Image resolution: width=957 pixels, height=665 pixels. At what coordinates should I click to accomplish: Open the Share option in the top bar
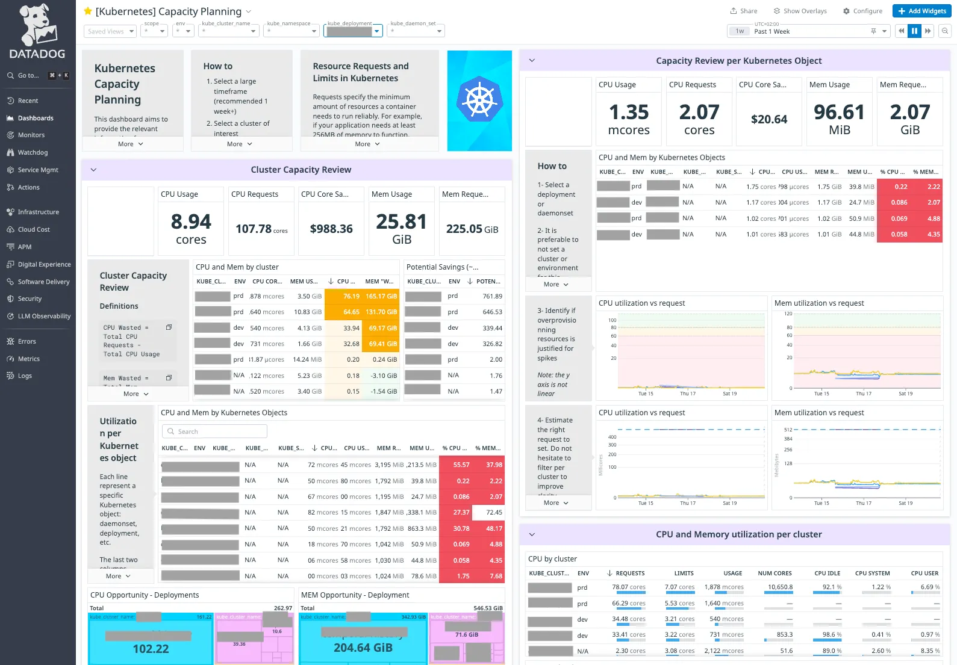744,11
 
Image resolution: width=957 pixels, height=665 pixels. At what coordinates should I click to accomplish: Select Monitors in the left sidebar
31,135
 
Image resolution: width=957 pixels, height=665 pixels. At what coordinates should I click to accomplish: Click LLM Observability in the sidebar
44,317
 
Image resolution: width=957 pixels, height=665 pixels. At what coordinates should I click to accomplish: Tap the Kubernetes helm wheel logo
479,101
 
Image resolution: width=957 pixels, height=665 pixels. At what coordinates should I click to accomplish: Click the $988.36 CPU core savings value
331,229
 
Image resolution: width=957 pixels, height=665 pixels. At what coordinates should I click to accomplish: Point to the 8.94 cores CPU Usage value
191,229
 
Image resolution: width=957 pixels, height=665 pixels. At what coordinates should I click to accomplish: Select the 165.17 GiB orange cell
381,296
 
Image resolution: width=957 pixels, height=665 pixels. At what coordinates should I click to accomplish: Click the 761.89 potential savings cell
492,296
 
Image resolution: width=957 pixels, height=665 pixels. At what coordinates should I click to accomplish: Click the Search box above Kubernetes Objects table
214,431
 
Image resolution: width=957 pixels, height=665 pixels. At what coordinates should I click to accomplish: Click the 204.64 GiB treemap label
363,648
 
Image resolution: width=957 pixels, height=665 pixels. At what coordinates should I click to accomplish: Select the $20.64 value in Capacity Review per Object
769,120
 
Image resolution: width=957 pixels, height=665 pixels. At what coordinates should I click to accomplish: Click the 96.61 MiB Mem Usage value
839,119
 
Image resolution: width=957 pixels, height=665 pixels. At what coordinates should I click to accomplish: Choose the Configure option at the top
862,11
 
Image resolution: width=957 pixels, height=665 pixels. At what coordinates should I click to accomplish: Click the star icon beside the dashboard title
88,11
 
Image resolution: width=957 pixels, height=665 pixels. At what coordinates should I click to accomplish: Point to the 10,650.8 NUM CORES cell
780,587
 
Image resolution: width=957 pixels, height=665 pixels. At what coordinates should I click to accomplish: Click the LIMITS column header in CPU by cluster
684,574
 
